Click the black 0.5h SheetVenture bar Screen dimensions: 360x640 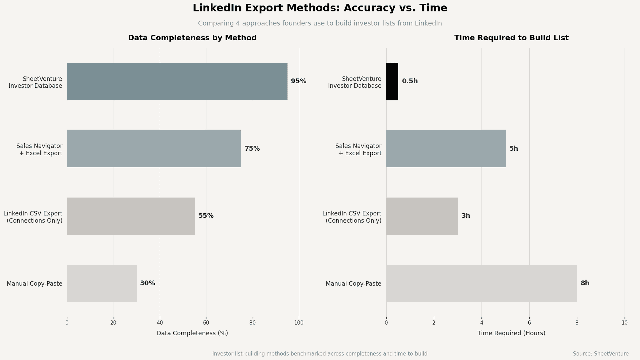point(392,81)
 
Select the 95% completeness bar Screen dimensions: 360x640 point(177,81)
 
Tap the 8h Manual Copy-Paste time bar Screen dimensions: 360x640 point(481,283)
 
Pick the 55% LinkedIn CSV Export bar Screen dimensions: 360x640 point(131,216)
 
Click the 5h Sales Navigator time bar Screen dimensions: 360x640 point(446,149)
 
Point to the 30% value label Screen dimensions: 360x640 point(148,283)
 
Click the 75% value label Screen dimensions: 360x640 point(252,149)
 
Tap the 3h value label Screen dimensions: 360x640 point(466,216)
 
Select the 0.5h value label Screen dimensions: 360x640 point(410,81)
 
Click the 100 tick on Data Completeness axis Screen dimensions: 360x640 point(299,323)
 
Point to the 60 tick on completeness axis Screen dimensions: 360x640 point(206,323)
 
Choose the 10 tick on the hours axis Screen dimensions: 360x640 point(625,323)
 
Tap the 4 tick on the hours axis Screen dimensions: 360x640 point(482,323)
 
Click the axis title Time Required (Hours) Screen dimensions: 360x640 point(511,333)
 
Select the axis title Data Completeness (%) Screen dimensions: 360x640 point(192,333)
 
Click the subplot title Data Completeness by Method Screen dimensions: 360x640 point(192,38)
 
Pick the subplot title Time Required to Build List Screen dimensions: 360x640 point(511,38)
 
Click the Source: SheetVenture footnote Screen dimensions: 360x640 point(601,354)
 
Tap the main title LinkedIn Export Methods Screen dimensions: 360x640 point(320,8)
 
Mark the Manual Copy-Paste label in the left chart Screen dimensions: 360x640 point(34,284)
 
